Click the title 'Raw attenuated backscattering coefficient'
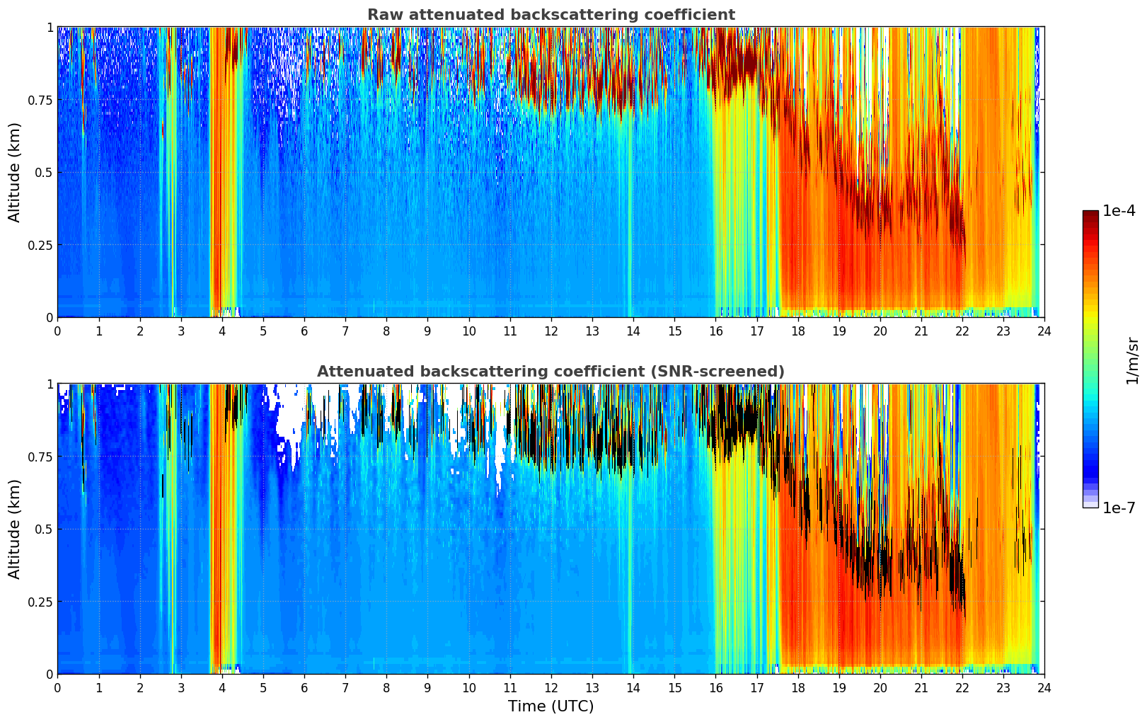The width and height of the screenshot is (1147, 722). pyautogui.click(x=551, y=15)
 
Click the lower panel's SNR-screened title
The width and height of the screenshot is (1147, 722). pyautogui.click(x=551, y=372)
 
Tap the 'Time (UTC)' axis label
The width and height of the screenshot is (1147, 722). pyautogui.click(x=551, y=706)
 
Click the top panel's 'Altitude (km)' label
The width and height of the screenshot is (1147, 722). pyautogui.click(x=15, y=172)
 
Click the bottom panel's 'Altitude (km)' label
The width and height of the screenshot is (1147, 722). pyautogui.click(x=15, y=529)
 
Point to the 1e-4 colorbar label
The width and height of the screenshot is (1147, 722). pyautogui.click(x=1119, y=211)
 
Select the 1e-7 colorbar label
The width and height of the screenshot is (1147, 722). pyautogui.click(x=1119, y=508)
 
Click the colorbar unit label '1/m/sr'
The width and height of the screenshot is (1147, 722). pyautogui.click(x=1132, y=361)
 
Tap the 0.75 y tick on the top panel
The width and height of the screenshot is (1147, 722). pyautogui.click(x=40, y=100)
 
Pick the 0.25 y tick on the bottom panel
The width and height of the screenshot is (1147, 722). pyautogui.click(x=40, y=602)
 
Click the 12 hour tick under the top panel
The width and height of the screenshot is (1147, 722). pyautogui.click(x=551, y=331)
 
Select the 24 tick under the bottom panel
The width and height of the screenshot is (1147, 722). pyautogui.click(x=1044, y=687)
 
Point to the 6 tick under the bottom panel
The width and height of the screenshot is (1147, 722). pyautogui.click(x=304, y=687)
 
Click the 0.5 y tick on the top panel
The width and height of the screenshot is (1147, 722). pyautogui.click(x=44, y=172)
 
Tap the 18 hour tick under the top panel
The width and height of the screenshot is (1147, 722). pyautogui.click(x=797, y=331)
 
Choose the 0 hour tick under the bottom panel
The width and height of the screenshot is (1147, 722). pyautogui.click(x=58, y=687)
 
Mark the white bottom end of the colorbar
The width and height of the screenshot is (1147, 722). pyautogui.click(x=1090, y=505)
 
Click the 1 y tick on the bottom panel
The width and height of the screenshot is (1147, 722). pyautogui.click(x=50, y=384)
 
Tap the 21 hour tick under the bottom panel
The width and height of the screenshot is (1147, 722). pyautogui.click(x=921, y=687)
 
